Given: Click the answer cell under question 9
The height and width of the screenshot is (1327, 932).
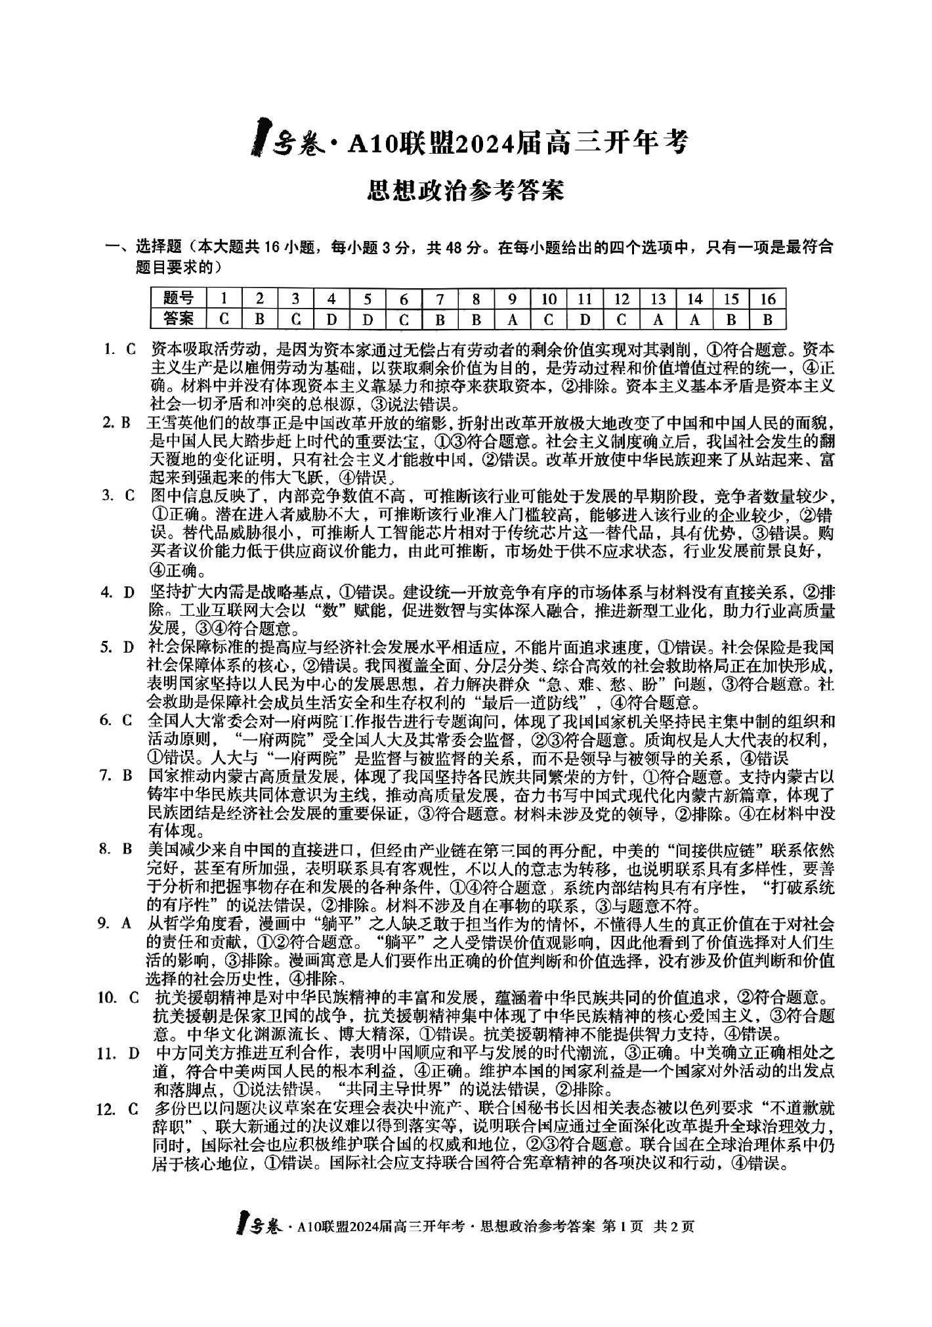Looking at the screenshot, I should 513,320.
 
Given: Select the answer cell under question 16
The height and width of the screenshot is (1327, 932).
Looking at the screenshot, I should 767,320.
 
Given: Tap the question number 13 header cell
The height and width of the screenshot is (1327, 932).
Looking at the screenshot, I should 658,299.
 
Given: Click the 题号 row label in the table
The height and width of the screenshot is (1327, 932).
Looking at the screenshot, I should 179,299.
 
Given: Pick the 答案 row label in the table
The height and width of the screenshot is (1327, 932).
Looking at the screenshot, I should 179,320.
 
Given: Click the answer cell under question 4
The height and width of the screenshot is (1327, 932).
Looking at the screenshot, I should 332,320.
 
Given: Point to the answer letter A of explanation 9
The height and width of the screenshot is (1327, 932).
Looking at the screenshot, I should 127,923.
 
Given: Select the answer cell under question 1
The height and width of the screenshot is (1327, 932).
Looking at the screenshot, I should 224,320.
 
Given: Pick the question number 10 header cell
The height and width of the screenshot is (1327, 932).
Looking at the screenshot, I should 549,299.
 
